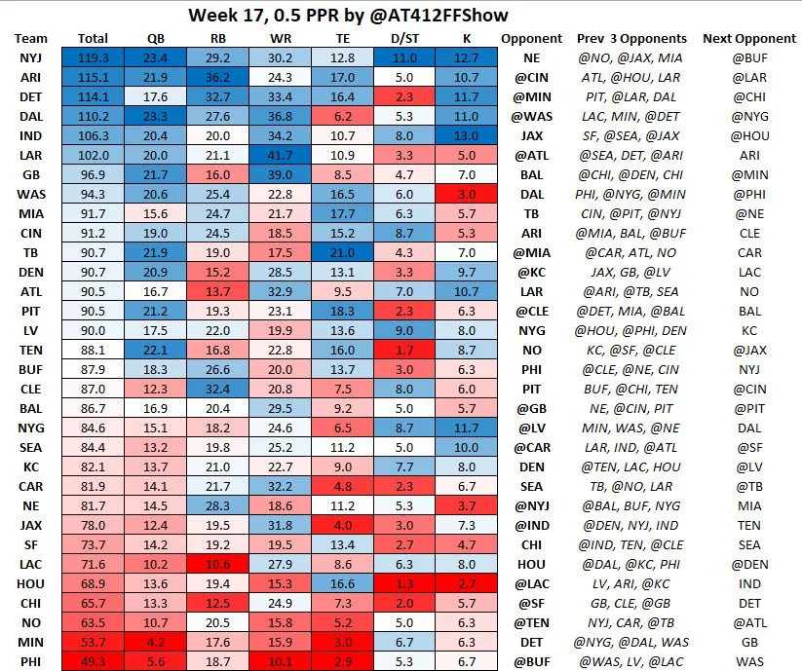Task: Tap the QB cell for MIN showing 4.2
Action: (155, 642)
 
